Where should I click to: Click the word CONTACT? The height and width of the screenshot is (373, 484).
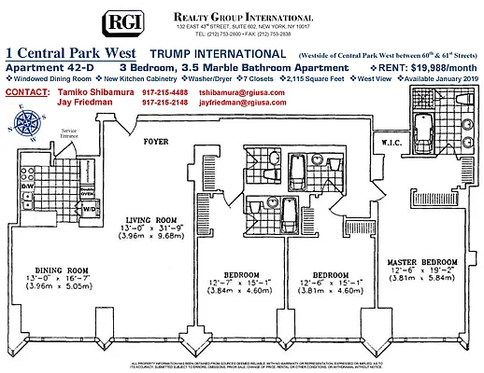click(26, 92)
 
